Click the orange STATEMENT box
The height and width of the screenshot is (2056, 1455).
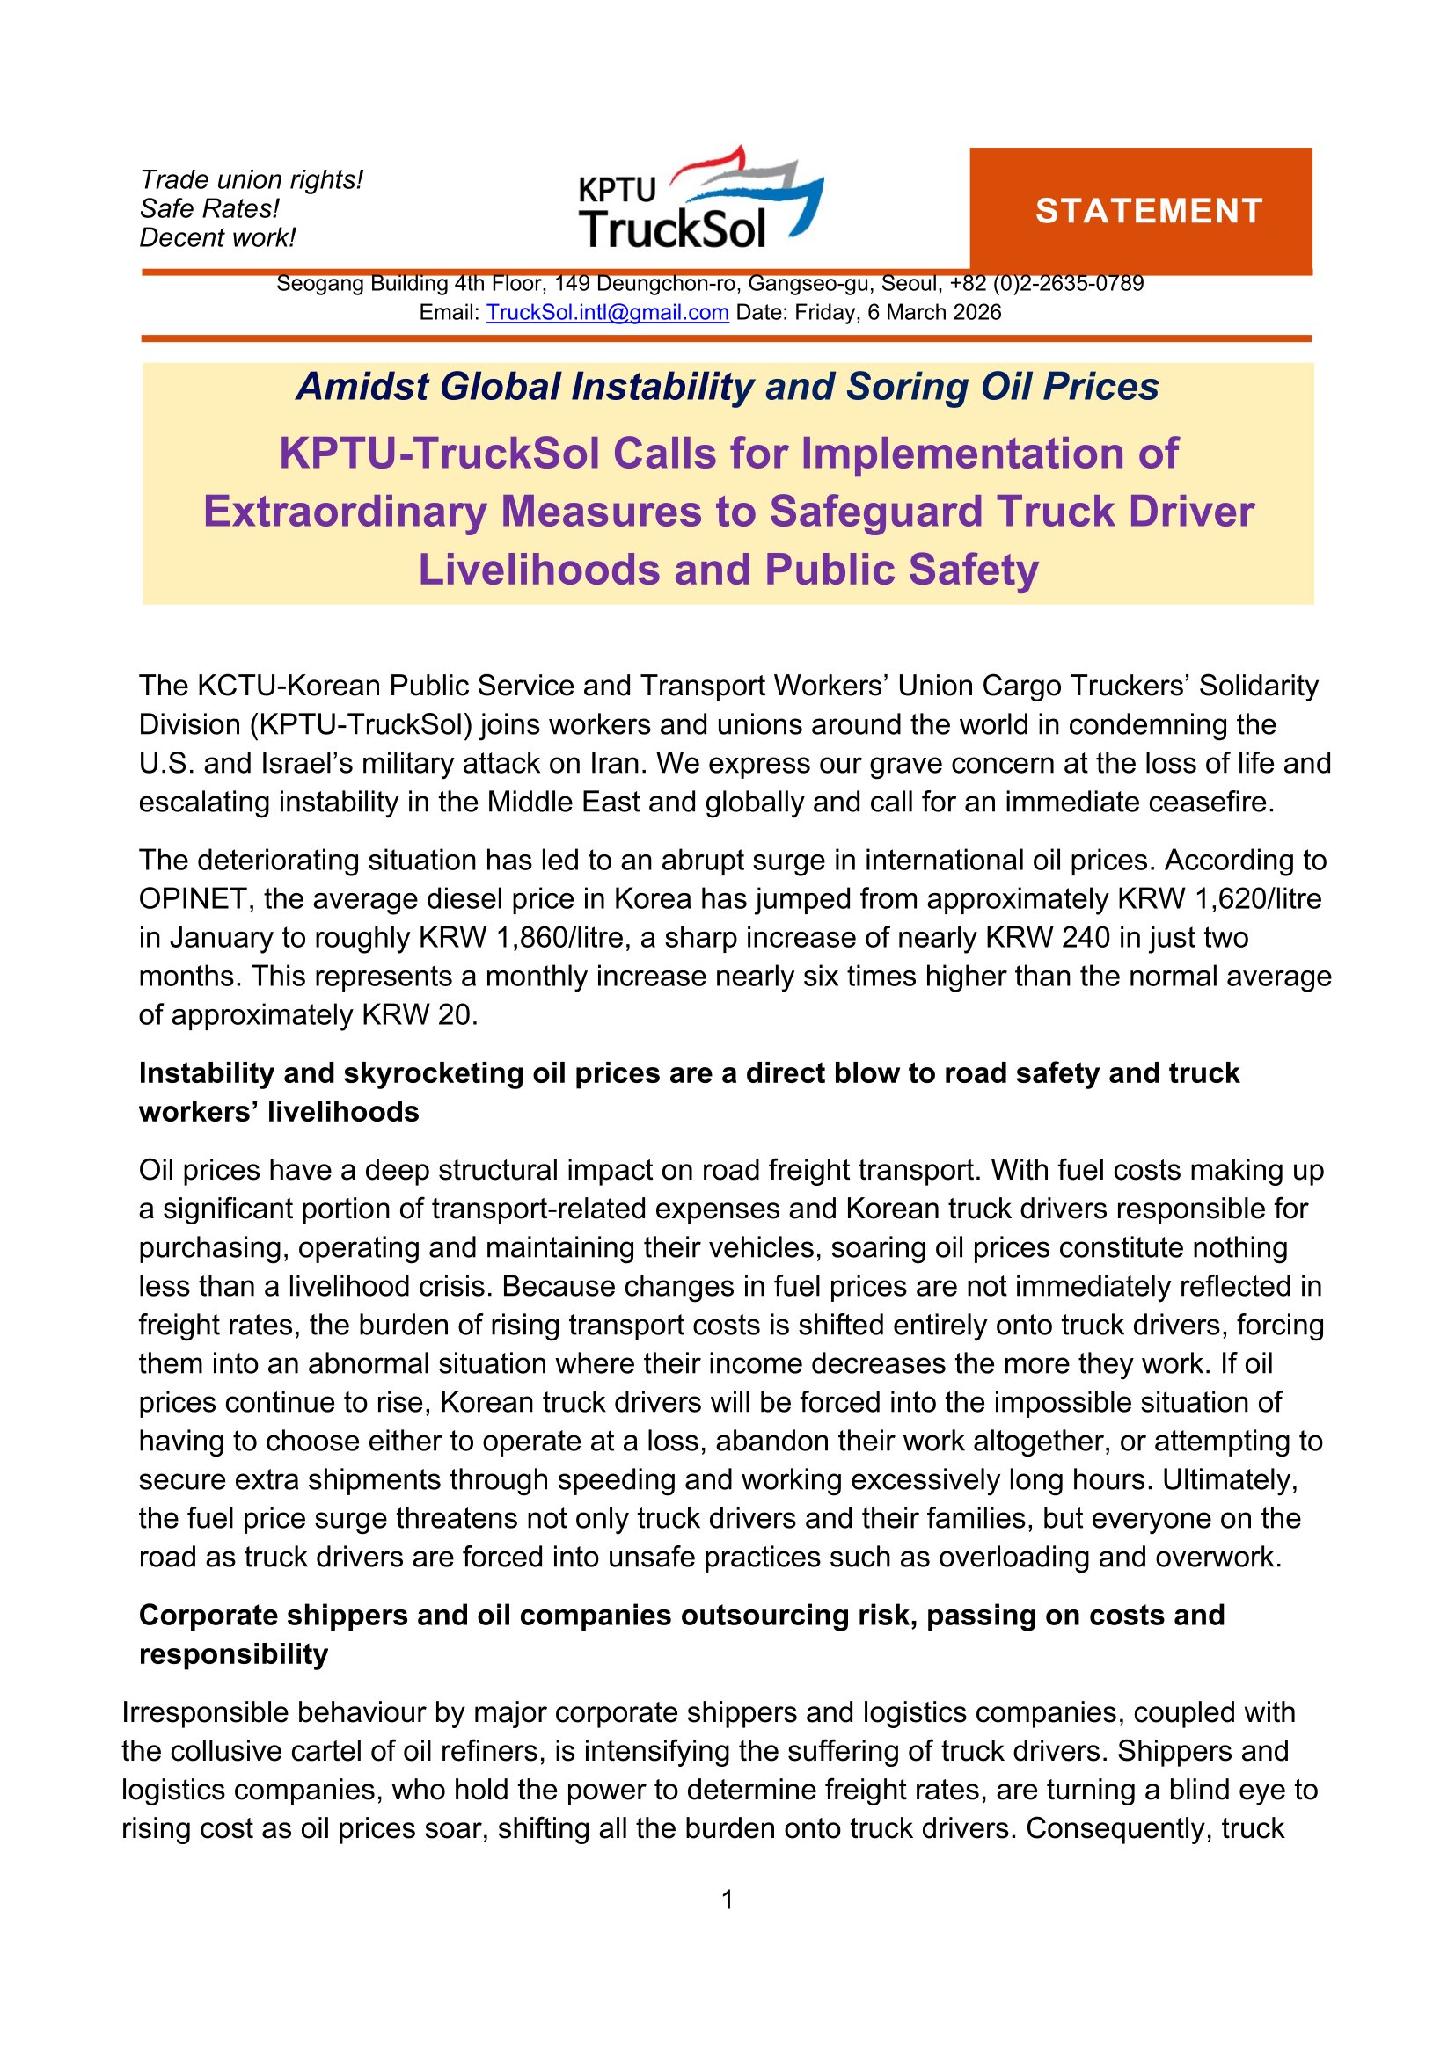click(x=1141, y=210)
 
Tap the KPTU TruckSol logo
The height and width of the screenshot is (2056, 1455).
click(x=699, y=199)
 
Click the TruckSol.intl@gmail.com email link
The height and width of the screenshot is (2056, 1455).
click(x=607, y=313)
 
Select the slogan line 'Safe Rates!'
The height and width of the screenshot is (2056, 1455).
click(x=208, y=208)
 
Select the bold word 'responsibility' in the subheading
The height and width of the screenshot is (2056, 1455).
click(x=233, y=1654)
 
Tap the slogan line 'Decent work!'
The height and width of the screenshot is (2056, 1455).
click(x=216, y=238)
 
